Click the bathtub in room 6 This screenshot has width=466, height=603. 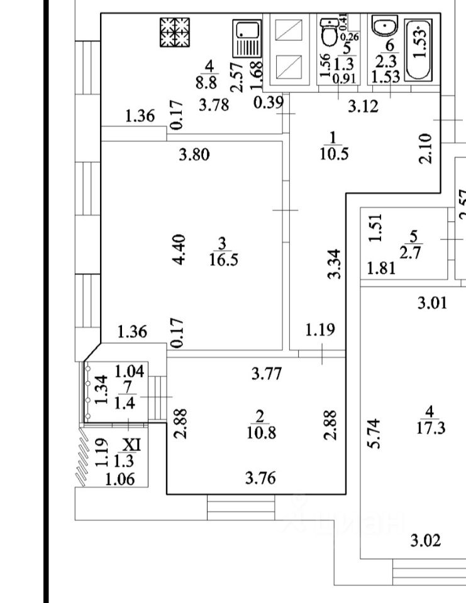coord(419,50)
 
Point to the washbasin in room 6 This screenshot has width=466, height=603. coord(383,28)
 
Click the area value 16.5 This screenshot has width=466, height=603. coord(223,259)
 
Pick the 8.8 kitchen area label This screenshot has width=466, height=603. coord(209,81)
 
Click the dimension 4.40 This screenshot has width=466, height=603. coord(179,249)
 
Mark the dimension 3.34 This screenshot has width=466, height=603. coord(335,264)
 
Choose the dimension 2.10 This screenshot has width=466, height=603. coord(426,149)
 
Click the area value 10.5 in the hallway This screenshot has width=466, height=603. coord(332,155)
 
